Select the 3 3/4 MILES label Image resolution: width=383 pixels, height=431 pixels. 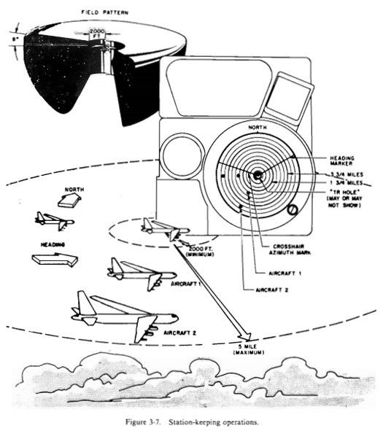[338, 175]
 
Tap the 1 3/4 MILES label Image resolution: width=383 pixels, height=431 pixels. [338, 184]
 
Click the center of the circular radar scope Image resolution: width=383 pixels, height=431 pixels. [257, 175]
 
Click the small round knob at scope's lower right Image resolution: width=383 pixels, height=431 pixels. [292, 211]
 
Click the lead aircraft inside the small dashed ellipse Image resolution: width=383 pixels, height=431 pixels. [164, 228]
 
